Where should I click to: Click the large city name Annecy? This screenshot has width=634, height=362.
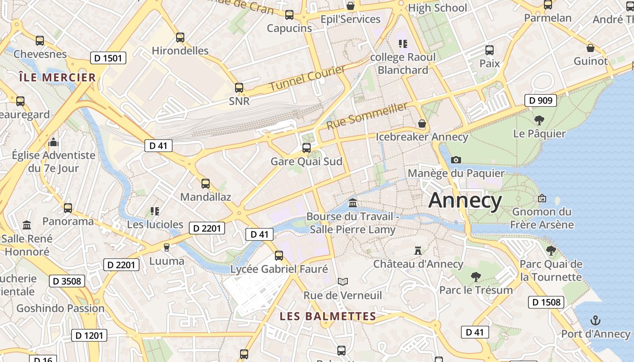coord(465,200)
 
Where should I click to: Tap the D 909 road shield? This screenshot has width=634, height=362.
coord(540,100)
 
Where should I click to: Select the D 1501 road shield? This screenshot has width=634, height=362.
coord(108,58)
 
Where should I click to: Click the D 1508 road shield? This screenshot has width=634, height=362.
coord(546,302)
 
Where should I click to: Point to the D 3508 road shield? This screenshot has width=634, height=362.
coord(67,281)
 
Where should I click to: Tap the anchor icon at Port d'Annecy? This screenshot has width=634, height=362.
coord(596,321)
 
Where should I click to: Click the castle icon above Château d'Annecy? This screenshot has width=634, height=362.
coord(418,250)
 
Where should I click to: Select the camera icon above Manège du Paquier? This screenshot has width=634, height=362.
coord(456,160)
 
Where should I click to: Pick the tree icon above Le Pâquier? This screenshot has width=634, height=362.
coord(539,120)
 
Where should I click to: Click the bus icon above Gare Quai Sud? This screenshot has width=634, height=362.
coord(307,148)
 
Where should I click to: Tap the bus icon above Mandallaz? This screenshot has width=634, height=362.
coord(206,183)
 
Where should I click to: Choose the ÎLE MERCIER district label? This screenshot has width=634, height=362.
coord(58,77)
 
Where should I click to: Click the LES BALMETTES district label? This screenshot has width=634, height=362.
coord(328,316)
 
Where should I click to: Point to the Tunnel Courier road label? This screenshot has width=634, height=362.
coord(307,77)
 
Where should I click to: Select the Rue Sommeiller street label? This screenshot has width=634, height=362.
coord(366,115)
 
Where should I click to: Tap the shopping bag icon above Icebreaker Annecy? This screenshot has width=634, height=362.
coord(422,124)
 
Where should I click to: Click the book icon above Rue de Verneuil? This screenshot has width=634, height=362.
coord(343,282)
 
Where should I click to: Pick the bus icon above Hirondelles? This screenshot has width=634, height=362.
coord(180,37)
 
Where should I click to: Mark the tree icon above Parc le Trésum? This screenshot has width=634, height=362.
coord(475,276)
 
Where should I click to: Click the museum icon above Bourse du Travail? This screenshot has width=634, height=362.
coord(353,203)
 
